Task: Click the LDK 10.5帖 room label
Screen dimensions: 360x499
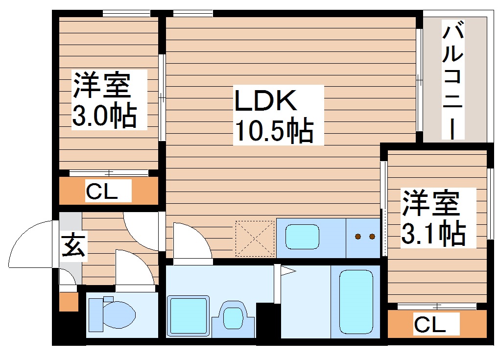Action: click(274, 116)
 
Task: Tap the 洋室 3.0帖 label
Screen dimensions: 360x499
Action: click(103, 100)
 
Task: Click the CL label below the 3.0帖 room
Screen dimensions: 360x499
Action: click(102, 191)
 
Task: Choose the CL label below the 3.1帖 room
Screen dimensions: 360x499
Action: click(430, 324)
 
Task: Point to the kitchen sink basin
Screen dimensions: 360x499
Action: click(303, 237)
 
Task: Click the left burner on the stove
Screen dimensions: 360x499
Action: click(358, 237)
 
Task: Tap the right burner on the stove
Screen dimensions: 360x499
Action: click(372, 237)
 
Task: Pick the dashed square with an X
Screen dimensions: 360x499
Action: click(255, 239)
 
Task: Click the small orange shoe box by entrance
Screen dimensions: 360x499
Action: click(69, 302)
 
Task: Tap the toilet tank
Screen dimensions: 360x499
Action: click(95, 313)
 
